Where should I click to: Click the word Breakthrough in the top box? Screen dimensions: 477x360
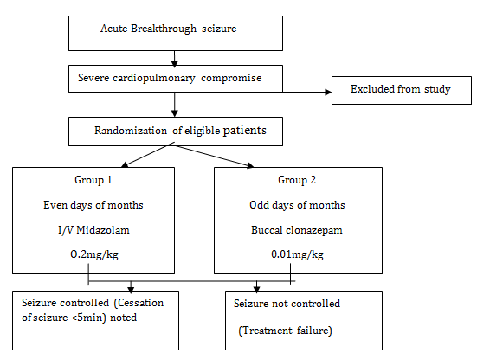coord(164,29)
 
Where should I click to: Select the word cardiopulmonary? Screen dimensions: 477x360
coord(153,78)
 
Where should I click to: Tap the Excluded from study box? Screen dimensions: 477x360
coord(402,90)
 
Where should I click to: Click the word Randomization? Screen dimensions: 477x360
coord(131,131)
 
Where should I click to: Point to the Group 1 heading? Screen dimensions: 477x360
coord(93,180)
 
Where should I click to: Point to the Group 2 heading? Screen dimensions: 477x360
coord(297,180)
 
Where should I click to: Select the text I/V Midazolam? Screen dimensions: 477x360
coord(93,230)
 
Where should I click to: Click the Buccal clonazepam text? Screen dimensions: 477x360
coord(297,230)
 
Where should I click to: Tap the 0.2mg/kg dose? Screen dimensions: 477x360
coord(94,254)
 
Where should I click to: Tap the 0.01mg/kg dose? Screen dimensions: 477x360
coord(297,254)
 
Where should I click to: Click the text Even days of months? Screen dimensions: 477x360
coord(93,205)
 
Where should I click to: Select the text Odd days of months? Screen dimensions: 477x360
coord(297,205)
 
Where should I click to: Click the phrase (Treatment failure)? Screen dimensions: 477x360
coord(285,331)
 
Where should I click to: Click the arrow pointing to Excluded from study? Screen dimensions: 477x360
coord(307,92)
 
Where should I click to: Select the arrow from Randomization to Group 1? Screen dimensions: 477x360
coord(148,154)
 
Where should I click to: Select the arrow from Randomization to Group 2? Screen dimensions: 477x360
coord(214,157)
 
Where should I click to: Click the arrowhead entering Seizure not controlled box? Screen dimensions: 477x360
coord(256,289)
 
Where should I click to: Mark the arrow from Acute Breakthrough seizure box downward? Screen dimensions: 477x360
coord(174,59)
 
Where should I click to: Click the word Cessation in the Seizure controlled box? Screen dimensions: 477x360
coord(140,303)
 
